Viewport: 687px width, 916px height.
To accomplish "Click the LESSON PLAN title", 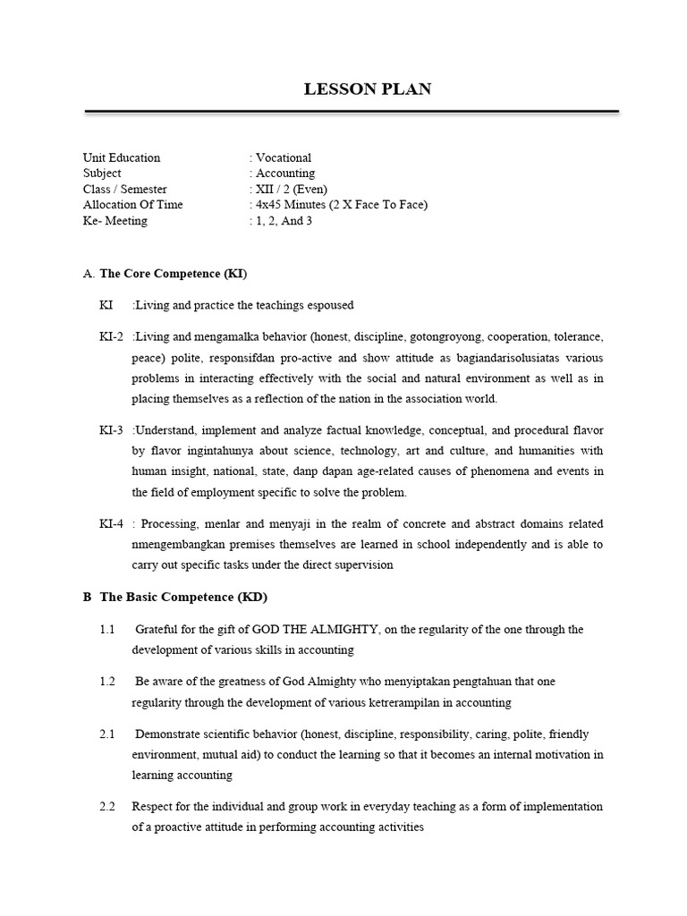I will click(x=368, y=89).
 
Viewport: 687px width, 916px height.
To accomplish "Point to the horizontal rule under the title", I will click(x=352, y=112).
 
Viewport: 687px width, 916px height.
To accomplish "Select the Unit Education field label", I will click(x=122, y=157).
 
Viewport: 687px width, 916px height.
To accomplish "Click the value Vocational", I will click(x=283, y=157).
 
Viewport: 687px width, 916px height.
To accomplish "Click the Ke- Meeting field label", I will click(x=115, y=221).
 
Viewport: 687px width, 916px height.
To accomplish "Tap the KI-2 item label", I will click(x=112, y=336).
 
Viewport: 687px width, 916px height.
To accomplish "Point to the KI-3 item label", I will click(x=112, y=430).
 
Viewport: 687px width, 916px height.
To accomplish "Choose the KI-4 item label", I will click(x=112, y=524).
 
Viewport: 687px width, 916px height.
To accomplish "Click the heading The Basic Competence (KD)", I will click(x=183, y=597).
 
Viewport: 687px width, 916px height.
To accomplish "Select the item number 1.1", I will click(x=107, y=630).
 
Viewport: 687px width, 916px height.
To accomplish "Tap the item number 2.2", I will click(x=107, y=807).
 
